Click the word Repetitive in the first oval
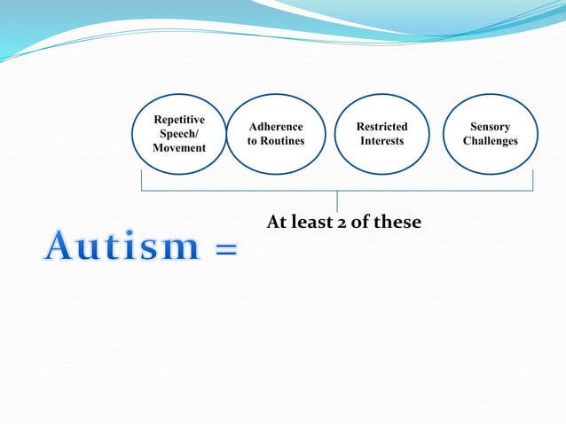[x=179, y=119]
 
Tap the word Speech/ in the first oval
[x=179, y=133]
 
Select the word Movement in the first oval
[x=179, y=147]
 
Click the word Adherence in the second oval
[x=276, y=127]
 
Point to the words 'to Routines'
[x=276, y=141]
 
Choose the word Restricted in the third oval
[x=381, y=127]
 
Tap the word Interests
[x=381, y=141]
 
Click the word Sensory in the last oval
[x=490, y=127]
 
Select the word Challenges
[x=490, y=141]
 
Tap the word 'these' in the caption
[x=397, y=222]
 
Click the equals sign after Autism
[x=225, y=251]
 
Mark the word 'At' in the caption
[x=277, y=222]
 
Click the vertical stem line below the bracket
[x=337, y=201]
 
